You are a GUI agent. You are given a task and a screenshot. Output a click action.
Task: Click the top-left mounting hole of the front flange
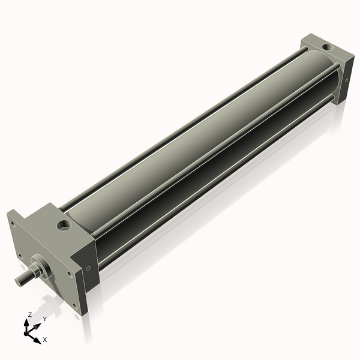tap(12, 223)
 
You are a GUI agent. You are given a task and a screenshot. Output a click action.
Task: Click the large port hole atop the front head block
tap(64, 226)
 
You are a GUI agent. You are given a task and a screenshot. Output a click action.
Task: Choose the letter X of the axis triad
tap(45, 340)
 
